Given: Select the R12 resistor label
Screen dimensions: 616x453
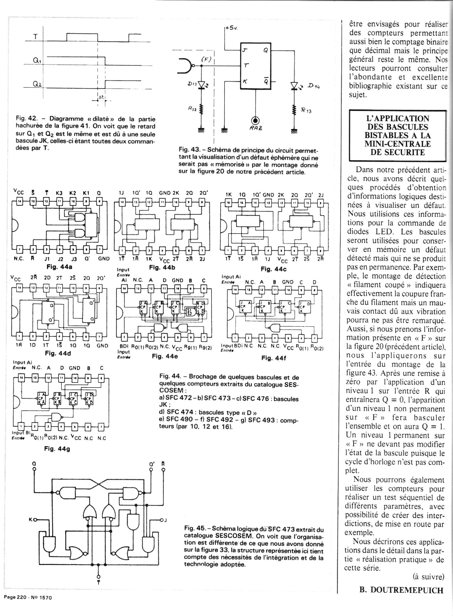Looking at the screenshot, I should pos(193,109).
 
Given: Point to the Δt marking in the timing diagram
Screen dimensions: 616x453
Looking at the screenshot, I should pos(101,98).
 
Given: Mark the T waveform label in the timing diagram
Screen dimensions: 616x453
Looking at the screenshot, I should pos(35,37).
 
